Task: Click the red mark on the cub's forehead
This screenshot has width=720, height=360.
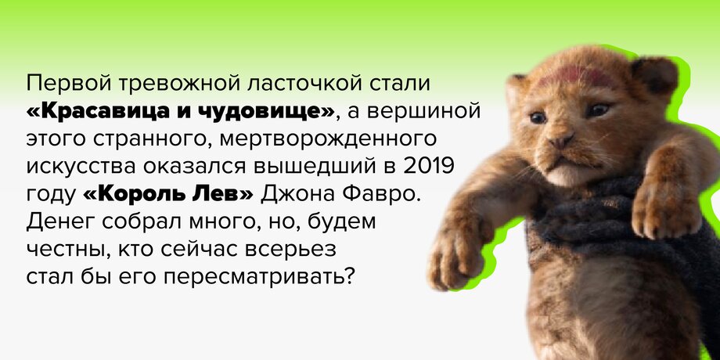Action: coord(570,75)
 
